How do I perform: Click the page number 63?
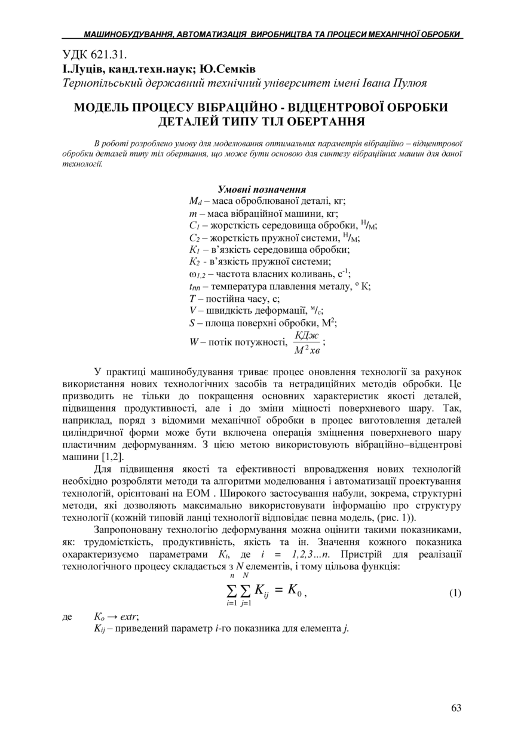[456, 708]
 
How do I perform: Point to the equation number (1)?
[455, 593]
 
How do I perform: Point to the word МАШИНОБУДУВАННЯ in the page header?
[127, 35]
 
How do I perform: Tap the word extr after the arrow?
[129, 616]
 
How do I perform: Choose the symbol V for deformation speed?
[192, 310]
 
